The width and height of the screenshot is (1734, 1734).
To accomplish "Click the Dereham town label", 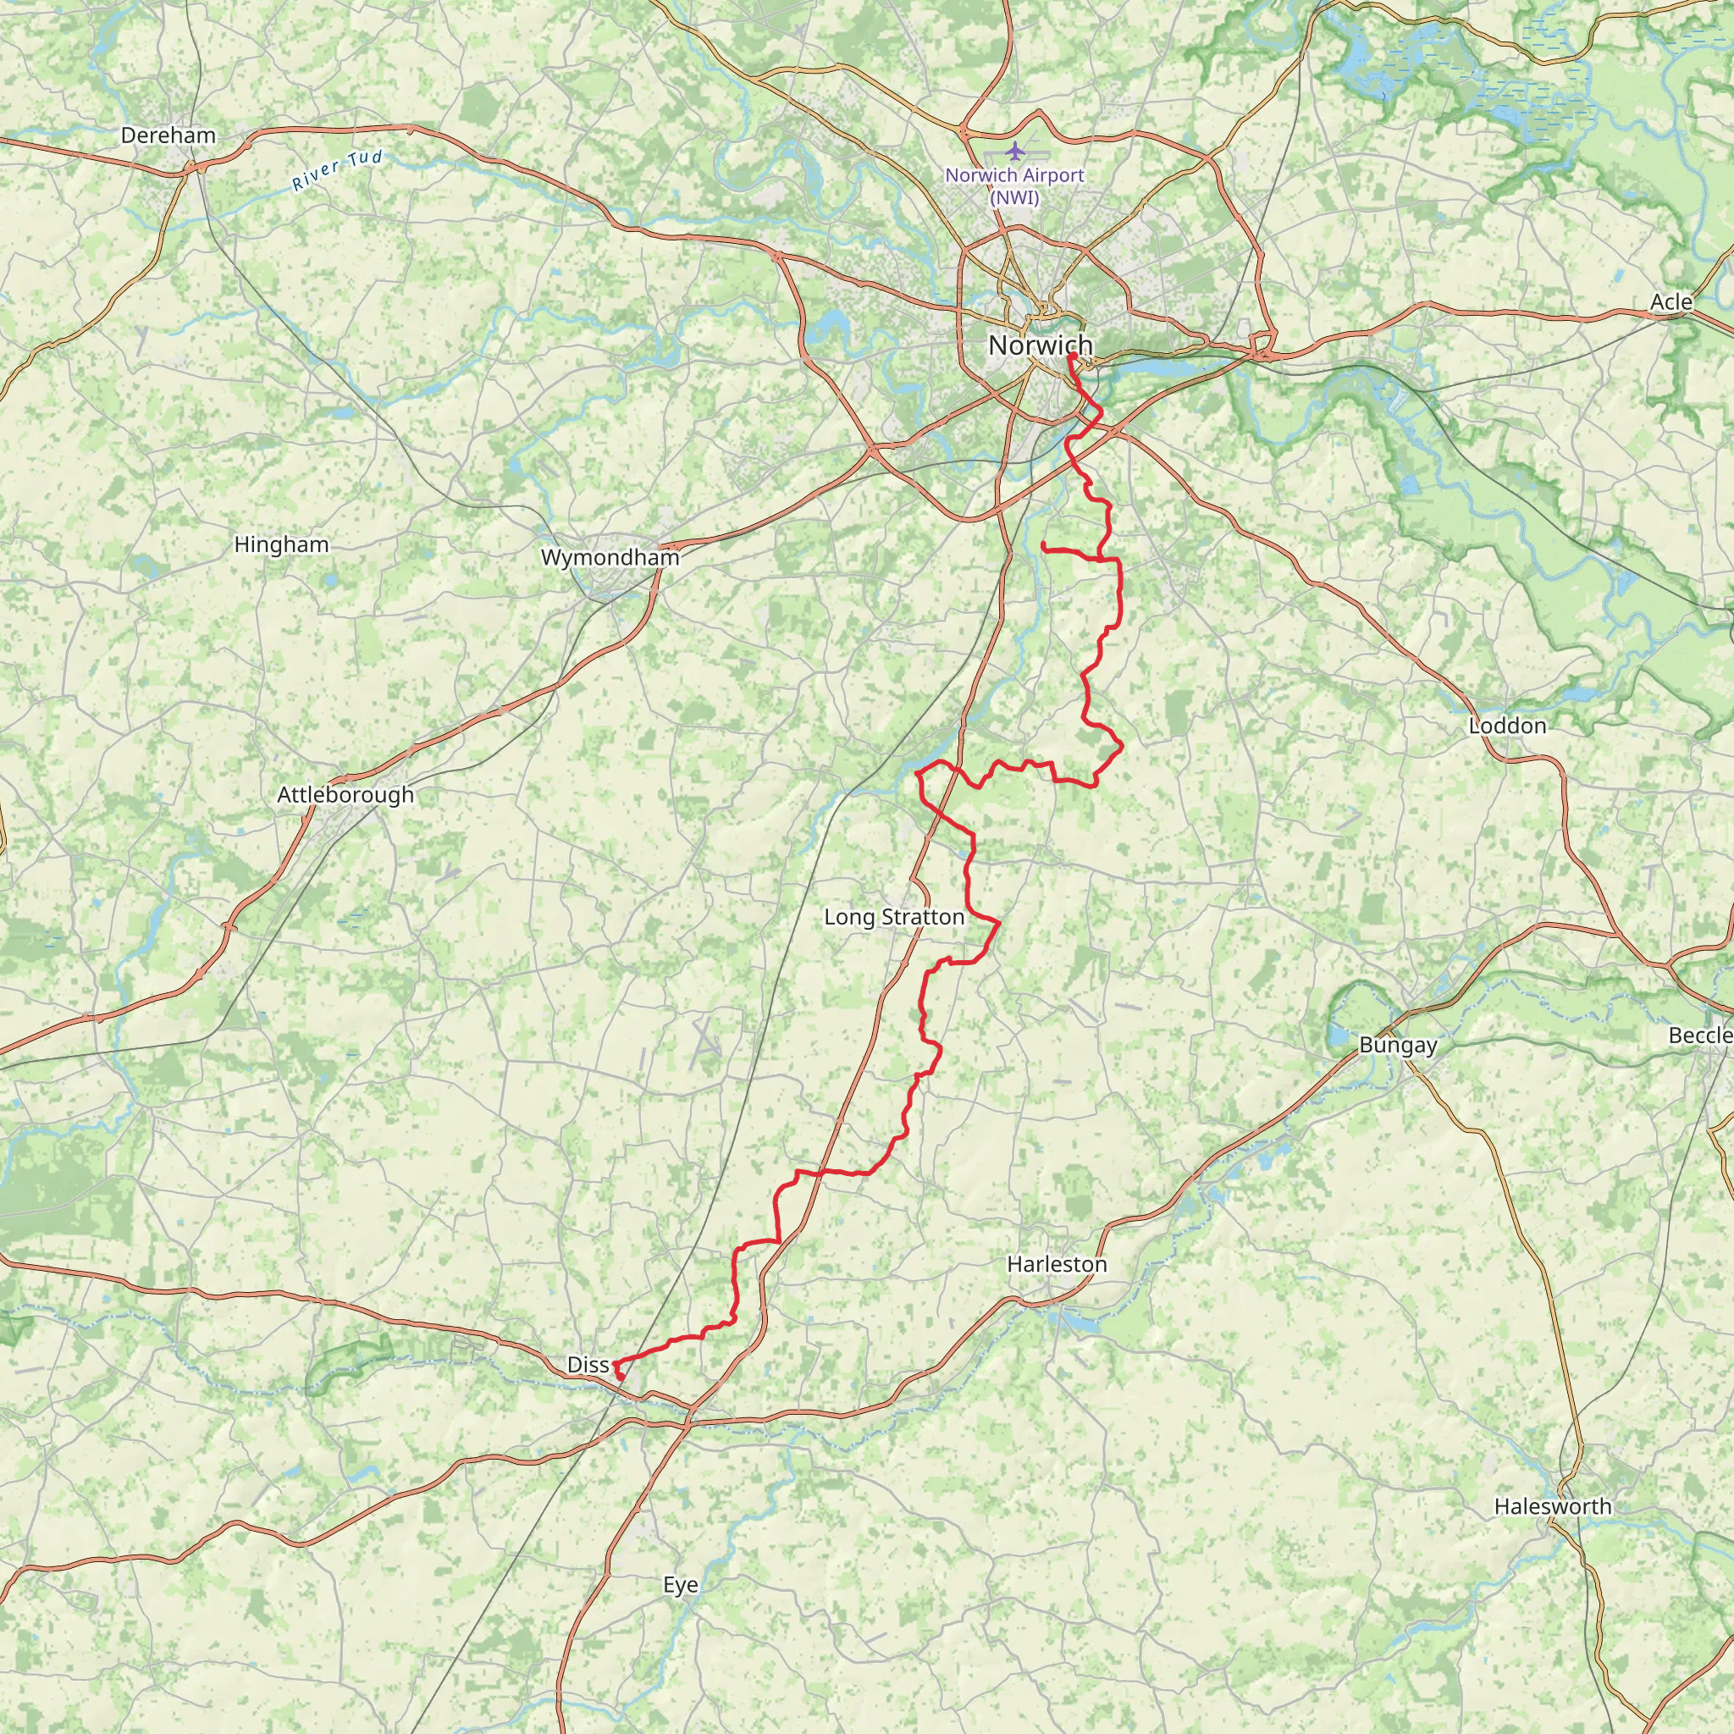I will click(168, 135).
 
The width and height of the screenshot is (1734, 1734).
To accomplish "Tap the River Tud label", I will click(338, 170).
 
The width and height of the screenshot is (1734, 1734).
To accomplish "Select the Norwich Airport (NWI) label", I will click(1014, 185).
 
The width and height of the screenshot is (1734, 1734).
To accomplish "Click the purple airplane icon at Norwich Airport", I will click(1014, 149).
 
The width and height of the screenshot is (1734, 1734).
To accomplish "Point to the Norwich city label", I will click(1041, 345).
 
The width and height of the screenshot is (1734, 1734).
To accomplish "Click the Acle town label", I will click(1670, 302).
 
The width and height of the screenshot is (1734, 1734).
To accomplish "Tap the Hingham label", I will click(281, 544).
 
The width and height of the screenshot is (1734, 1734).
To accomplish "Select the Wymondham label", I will click(610, 557).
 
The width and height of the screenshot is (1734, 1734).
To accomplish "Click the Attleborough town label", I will click(345, 794).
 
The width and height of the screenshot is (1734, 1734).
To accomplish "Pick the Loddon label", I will click(1507, 726).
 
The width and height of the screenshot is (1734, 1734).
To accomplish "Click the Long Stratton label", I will click(894, 916).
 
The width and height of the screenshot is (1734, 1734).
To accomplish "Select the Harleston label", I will click(1057, 1264).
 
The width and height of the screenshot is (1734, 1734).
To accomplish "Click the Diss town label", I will click(588, 1365).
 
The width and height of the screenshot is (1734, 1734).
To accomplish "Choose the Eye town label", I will click(681, 1585).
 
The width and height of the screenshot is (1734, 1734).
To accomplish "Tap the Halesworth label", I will click(1553, 1506).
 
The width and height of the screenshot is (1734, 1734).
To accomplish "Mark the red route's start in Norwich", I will click(1072, 356).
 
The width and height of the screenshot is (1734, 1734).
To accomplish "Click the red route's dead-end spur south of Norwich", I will click(1043, 544).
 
